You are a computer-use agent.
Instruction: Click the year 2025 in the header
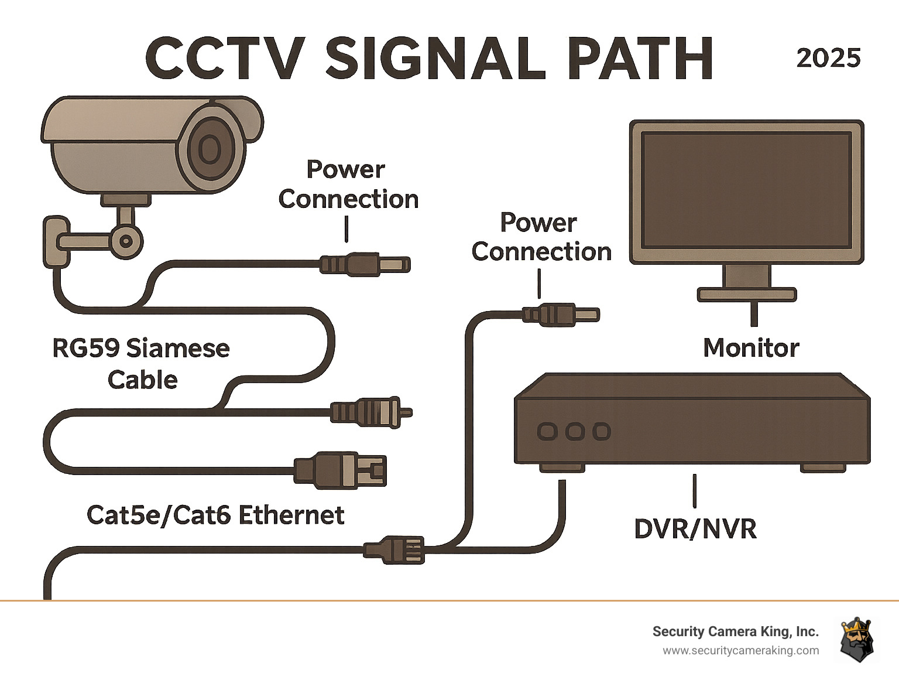pos(828,58)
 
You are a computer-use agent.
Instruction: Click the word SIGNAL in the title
pos(436,58)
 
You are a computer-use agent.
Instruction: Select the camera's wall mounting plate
pos(56,242)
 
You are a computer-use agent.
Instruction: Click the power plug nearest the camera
pos(366,264)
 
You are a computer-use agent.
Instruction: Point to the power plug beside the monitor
pos(561,315)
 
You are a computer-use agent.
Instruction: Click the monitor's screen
pos(746,190)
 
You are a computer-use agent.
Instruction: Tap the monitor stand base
pos(747,293)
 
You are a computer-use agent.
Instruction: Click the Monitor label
pos(751,348)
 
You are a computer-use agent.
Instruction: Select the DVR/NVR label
pos(695,529)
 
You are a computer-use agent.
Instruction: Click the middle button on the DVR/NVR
pos(575,432)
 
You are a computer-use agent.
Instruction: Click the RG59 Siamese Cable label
pos(141,364)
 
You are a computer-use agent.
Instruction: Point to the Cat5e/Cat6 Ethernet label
pos(215,515)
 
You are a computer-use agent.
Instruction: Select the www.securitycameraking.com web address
pos(740,651)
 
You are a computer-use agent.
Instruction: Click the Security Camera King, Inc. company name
pos(735,631)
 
